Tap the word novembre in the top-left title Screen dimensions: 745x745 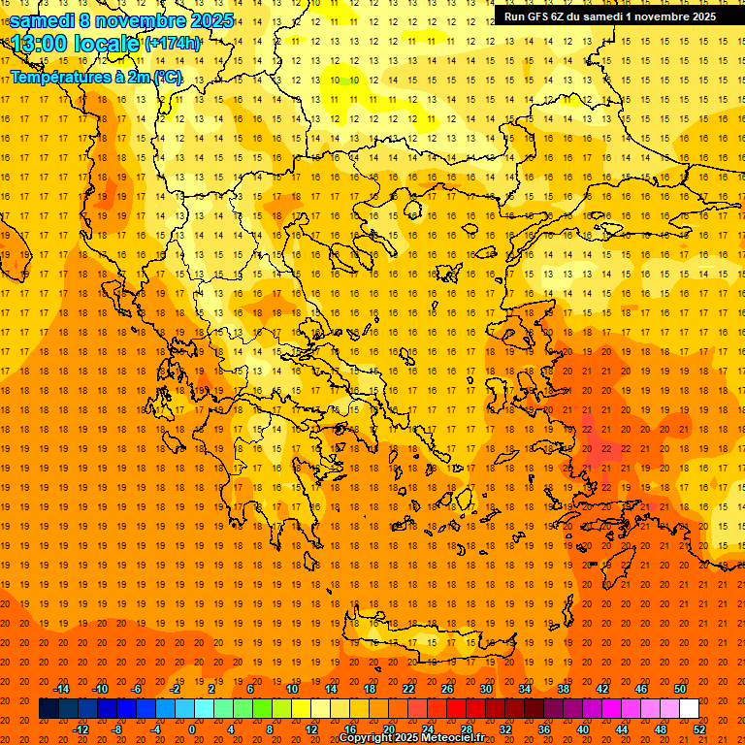(x=138, y=20)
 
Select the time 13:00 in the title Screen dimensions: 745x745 (x=41, y=44)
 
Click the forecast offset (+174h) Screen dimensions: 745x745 (x=172, y=44)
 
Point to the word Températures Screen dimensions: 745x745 (x=57, y=77)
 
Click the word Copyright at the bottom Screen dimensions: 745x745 (x=368, y=738)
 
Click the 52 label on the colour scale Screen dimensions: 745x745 (x=700, y=729)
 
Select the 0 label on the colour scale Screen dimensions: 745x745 (x=192, y=729)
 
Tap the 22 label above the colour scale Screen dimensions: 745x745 (x=408, y=689)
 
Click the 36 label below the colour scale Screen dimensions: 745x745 (x=543, y=729)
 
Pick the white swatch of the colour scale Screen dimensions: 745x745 (x=689, y=709)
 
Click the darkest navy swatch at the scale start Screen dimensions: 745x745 (x=49, y=709)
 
